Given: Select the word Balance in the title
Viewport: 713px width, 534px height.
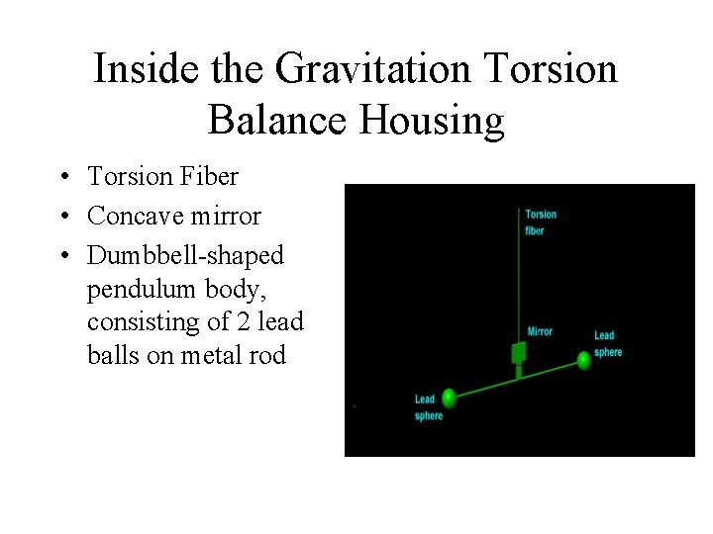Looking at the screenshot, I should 280,120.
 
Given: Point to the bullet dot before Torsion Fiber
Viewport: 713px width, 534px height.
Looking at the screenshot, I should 62,178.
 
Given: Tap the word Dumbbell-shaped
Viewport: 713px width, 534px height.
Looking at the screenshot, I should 185,256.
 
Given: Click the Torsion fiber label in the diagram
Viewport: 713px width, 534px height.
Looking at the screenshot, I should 540,222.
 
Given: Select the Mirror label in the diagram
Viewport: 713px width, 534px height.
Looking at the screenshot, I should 540,331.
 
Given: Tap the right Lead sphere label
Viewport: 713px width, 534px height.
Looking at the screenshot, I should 607,344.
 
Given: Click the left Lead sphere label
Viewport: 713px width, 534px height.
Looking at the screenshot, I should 427,407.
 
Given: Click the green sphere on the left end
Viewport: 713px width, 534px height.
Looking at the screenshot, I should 450,398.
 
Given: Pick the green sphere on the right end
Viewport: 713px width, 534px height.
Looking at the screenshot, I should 583,361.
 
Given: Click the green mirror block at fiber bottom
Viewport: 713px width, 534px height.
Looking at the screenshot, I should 517,353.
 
